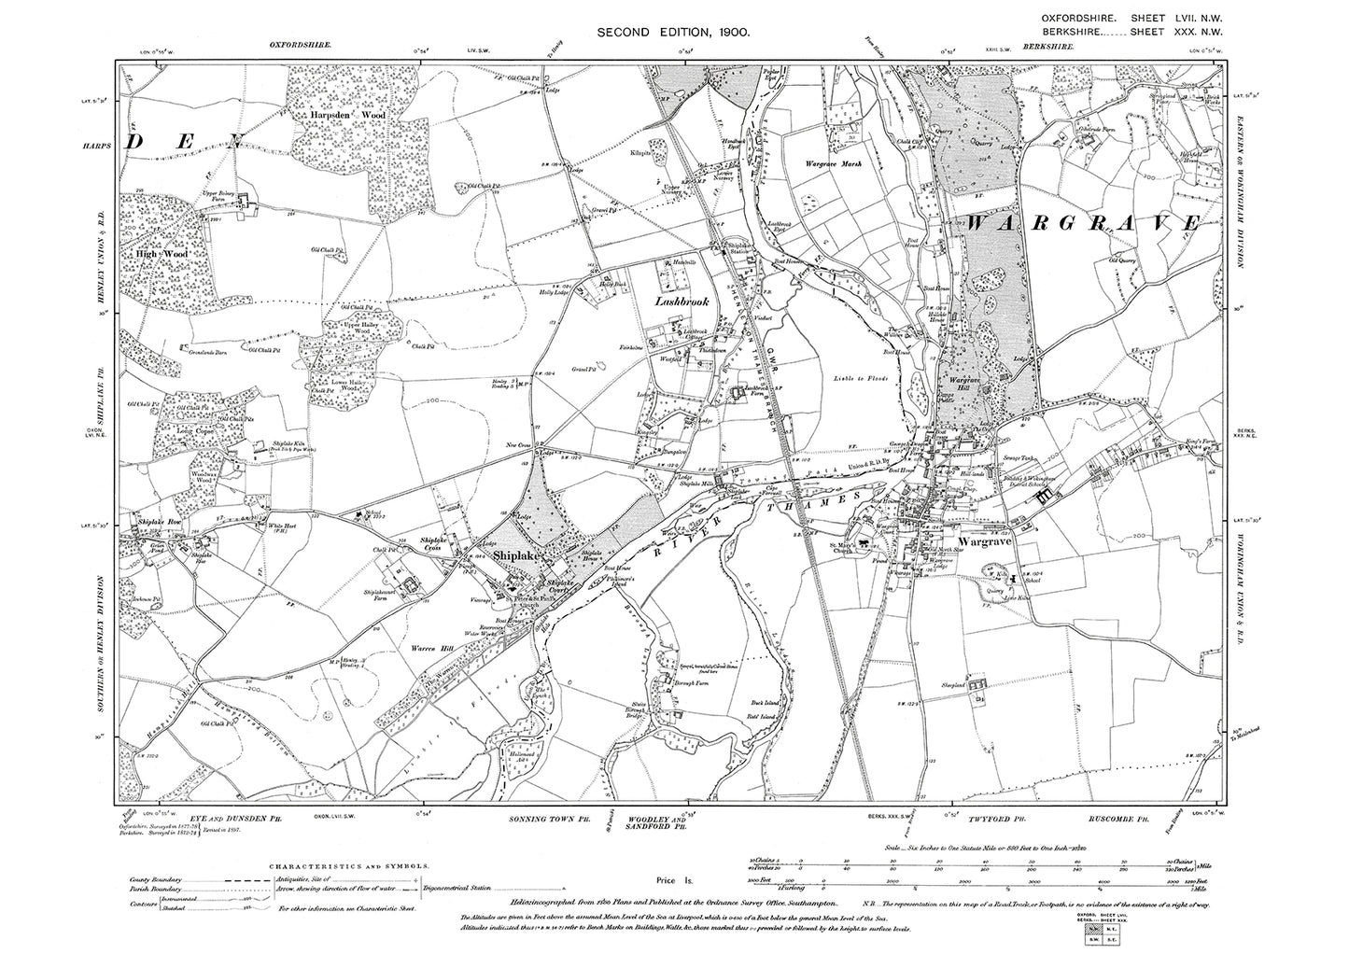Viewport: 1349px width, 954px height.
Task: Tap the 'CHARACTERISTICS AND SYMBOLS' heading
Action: point(349,866)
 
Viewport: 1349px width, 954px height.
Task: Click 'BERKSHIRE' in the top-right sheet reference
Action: point(1069,32)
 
